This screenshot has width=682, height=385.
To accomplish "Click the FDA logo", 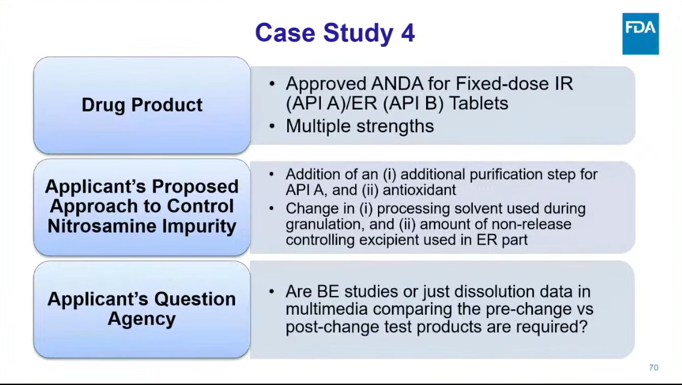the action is [x=641, y=34].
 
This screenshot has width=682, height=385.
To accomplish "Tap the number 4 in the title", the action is [x=407, y=32].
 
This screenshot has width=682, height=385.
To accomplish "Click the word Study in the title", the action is [x=358, y=34].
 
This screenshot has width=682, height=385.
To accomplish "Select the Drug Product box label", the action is [x=142, y=105].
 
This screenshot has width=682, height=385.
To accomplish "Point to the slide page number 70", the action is [x=653, y=368].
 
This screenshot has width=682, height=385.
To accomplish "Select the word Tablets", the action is [x=478, y=103].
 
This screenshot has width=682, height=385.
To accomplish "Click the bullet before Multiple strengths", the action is [x=272, y=126].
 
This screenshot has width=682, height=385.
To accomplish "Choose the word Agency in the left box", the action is [x=142, y=318].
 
